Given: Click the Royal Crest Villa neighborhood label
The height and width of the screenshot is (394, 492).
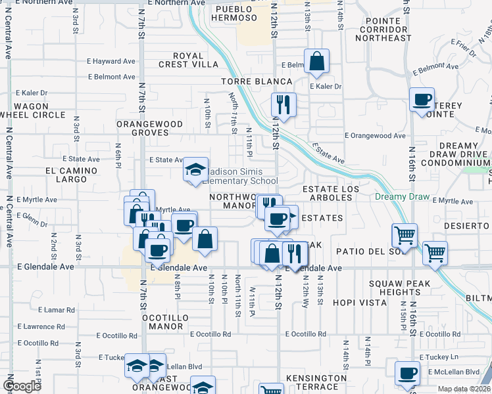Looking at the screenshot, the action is pyautogui.click(x=195, y=60).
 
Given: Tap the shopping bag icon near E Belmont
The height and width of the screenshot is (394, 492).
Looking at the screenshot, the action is pyautogui.click(x=316, y=61).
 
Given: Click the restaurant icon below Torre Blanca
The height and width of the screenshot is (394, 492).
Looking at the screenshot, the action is pyautogui.click(x=283, y=104).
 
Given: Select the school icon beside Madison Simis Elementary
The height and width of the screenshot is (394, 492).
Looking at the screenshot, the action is pyautogui.click(x=195, y=170).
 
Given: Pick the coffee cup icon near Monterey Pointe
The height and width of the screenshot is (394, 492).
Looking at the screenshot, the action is pyautogui.click(x=422, y=100).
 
